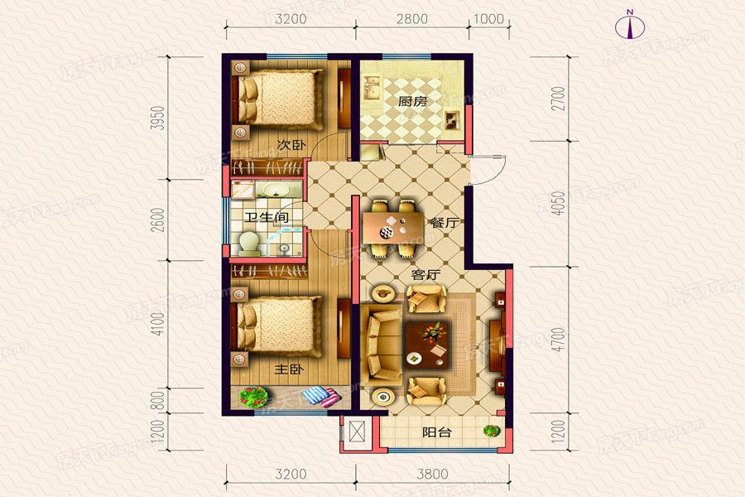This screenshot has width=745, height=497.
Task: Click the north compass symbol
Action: click(x=630, y=27)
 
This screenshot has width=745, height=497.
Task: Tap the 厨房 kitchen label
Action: click(x=412, y=101)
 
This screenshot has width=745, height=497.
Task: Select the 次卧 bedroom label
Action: click(x=291, y=145)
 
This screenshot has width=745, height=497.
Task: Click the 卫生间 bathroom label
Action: click(x=267, y=217)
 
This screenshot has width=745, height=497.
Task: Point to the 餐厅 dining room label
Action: click(x=445, y=223)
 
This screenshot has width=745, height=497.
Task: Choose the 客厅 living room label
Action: click(x=425, y=274)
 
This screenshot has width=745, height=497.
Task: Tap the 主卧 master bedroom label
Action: click(x=288, y=369)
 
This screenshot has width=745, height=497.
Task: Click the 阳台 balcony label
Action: click(x=436, y=432)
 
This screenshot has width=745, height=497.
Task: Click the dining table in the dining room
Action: click(x=393, y=227)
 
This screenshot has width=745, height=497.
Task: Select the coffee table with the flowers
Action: click(x=426, y=345)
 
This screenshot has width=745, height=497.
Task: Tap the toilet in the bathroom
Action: click(x=248, y=242)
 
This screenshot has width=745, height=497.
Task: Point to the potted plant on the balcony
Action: click(x=493, y=431)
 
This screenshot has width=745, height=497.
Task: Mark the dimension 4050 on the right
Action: click(x=560, y=204)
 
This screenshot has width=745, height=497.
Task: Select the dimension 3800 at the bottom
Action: click(x=432, y=474)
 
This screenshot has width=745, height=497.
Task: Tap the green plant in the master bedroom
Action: click(x=253, y=397)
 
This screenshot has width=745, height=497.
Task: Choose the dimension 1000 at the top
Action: click(x=489, y=18)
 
